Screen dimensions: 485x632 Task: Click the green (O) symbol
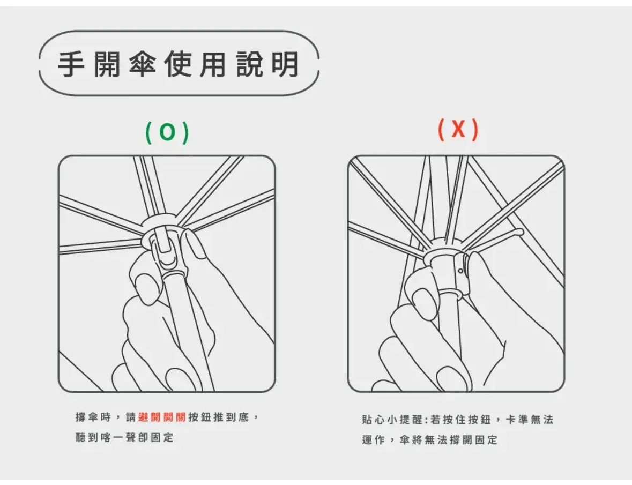click(167, 132)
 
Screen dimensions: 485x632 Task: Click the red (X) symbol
click(458, 130)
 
